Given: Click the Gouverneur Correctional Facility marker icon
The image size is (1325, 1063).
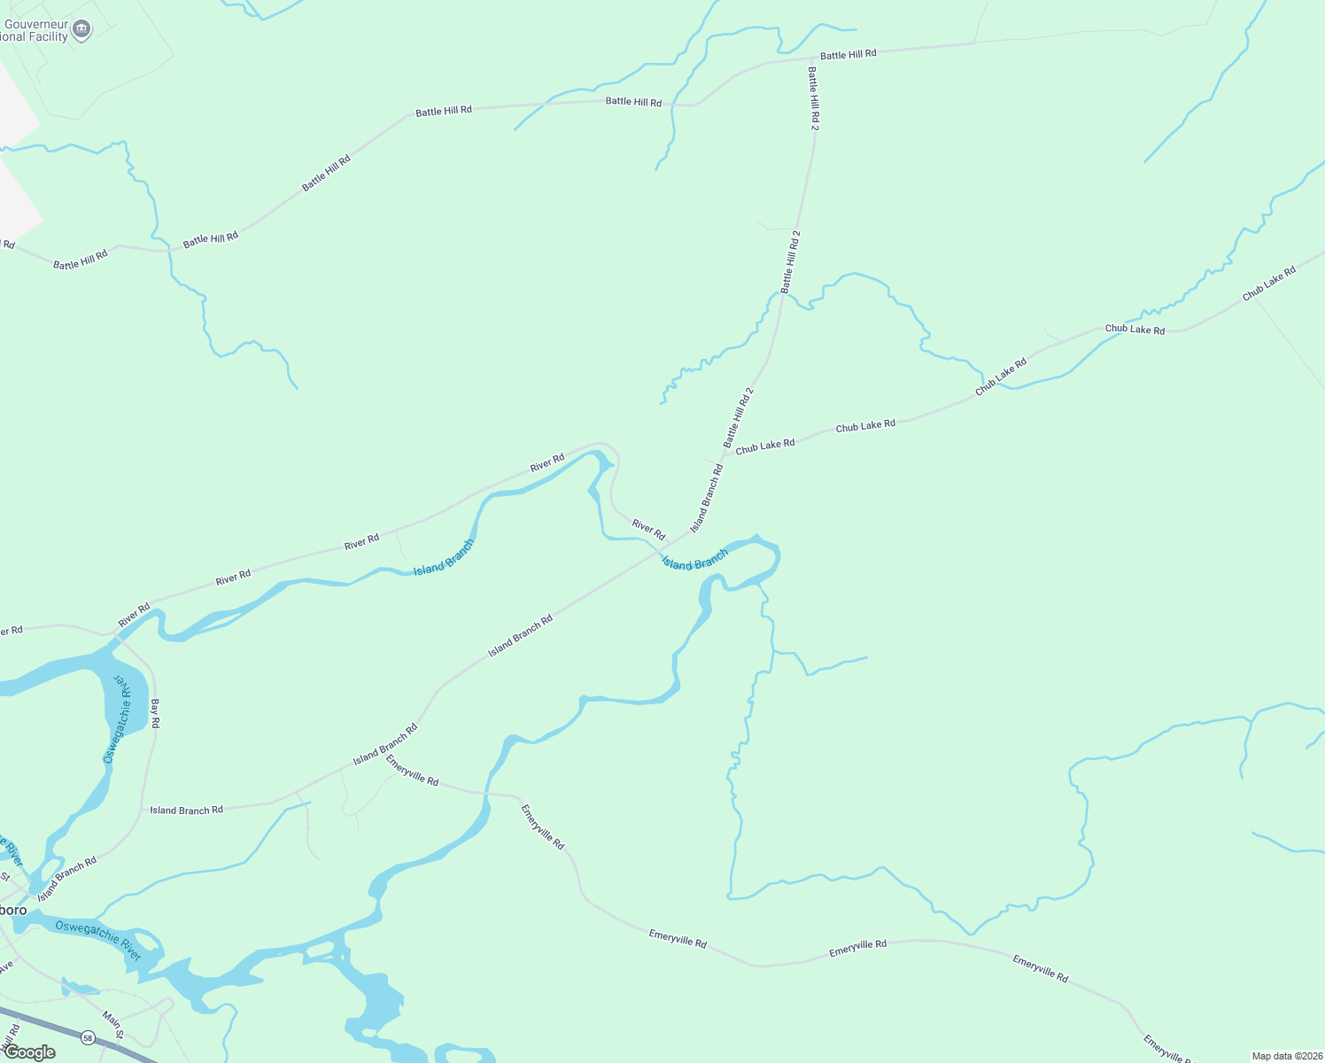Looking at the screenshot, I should [81, 30].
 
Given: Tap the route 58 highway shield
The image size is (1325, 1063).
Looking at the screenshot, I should [87, 1037].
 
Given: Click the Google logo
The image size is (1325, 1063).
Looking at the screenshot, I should [29, 1052].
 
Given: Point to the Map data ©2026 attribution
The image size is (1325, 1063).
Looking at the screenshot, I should [1286, 1056].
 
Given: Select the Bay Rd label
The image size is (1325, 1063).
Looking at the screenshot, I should [155, 713].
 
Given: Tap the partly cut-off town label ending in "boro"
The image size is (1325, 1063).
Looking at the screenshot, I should [12, 911].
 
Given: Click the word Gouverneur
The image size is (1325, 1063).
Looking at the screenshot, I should [36, 25].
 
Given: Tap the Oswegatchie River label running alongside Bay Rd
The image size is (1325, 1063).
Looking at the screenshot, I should [121, 719].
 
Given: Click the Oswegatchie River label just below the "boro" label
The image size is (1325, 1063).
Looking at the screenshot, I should [98, 940].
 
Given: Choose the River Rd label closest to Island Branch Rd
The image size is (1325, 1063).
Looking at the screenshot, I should [648, 530].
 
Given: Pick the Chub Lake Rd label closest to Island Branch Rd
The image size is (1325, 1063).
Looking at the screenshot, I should [765, 445].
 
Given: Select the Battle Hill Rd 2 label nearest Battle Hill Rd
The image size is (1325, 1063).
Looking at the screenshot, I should [813, 97].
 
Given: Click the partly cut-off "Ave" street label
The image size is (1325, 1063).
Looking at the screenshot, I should [6, 966].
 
